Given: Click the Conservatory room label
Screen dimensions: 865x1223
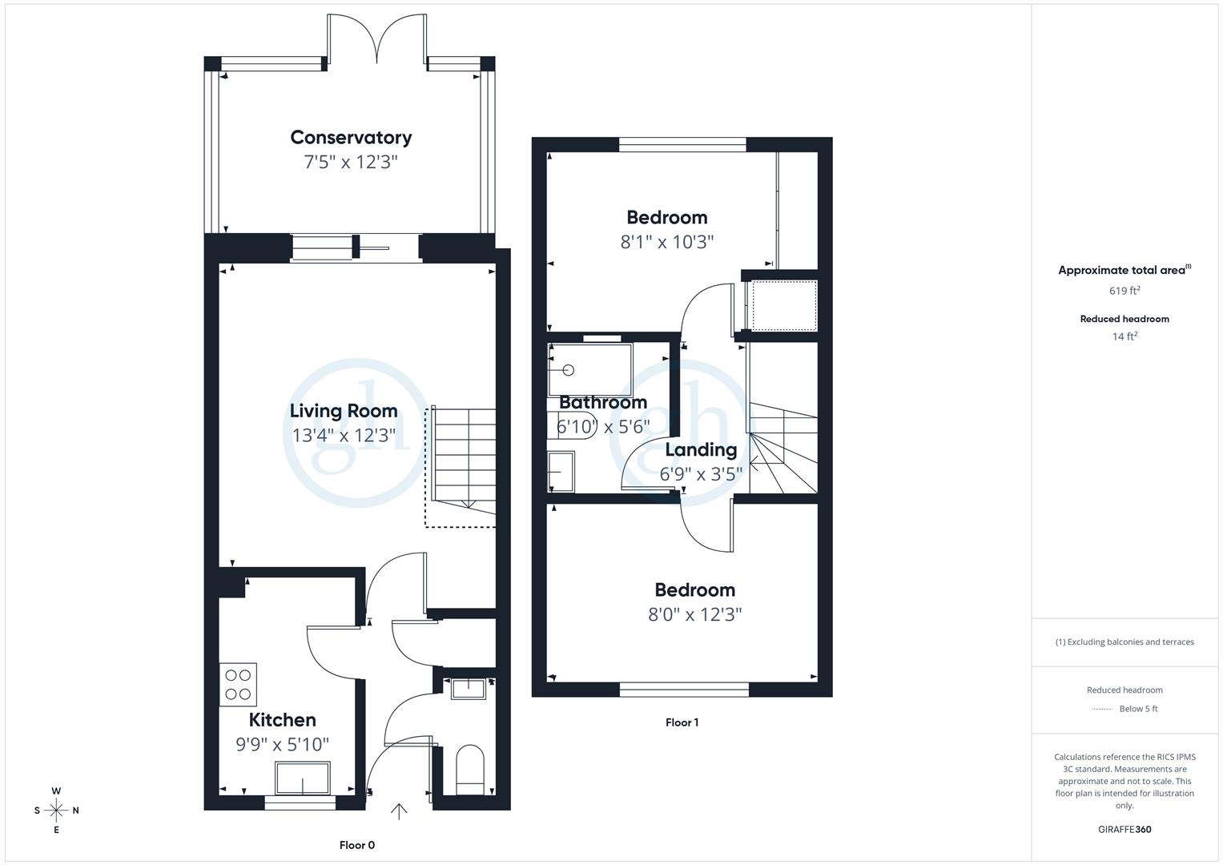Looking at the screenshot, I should pyautogui.click(x=351, y=137).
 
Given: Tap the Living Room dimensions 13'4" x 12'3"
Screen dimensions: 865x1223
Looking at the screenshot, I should pyautogui.click(x=344, y=436).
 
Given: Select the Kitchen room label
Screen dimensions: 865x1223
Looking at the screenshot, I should pyautogui.click(x=282, y=719).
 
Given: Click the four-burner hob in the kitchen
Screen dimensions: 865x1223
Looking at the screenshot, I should pyautogui.click(x=238, y=684).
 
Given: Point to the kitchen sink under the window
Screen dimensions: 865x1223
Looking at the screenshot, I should pyautogui.click(x=302, y=778).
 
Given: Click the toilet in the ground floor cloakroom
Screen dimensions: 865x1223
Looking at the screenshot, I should pyautogui.click(x=470, y=770).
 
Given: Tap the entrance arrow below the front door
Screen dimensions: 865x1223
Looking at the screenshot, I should pyautogui.click(x=398, y=811).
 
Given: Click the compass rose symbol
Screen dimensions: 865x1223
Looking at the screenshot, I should pyautogui.click(x=56, y=811).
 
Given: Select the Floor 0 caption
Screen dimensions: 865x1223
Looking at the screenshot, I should pyautogui.click(x=356, y=845).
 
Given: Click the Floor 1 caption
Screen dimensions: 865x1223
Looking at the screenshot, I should pyautogui.click(x=682, y=722).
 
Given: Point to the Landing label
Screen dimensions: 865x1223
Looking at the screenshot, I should pyautogui.click(x=701, y=449).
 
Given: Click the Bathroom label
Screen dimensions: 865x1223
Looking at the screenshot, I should pyautogui.click(x=602, y=402).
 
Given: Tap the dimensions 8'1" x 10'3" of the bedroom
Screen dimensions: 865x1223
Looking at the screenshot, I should pyautogui.click(x=666, y=242).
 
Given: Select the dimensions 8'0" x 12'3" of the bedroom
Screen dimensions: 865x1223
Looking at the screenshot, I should pyautogui.click(x=694, y=614).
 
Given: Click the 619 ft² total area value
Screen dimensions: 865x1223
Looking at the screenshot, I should pyautogui.click(x=1124, y=291).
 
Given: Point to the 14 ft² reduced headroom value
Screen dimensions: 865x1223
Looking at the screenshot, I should pyautogui.click(x=1124, y=336).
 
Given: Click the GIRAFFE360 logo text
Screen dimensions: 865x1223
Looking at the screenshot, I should pyautogui.click(x=1124, y=829).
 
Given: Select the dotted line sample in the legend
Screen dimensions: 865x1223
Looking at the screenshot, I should pyautogui.click(x=1102, y=709).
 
